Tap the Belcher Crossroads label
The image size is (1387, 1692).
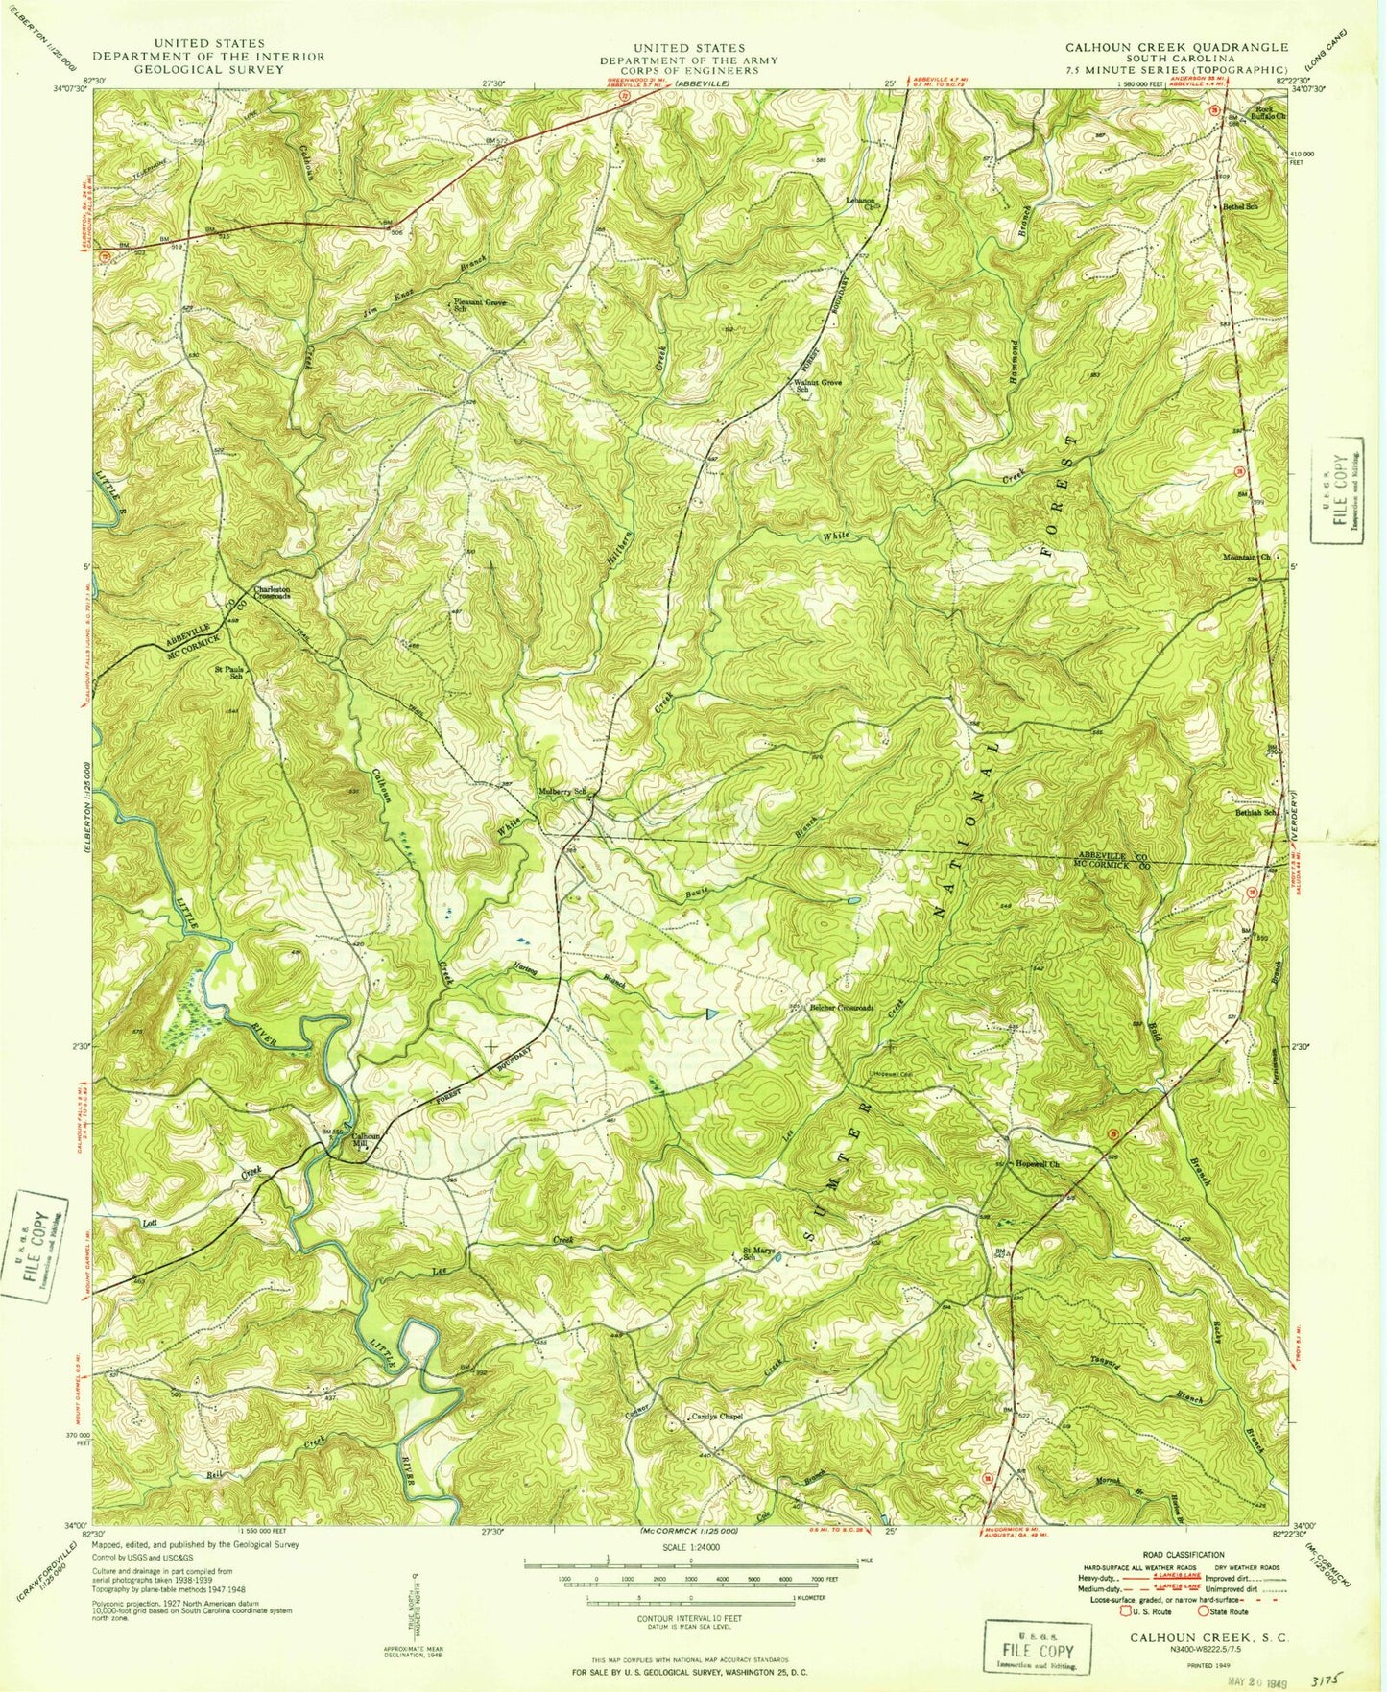[843, 1009]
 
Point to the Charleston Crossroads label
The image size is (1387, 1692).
[272, 593]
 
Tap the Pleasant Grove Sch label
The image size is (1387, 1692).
[479, 305]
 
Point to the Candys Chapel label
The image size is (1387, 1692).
[718, 1416]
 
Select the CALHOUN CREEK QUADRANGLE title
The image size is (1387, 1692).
[1178, 47]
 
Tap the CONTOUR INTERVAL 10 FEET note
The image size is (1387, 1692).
[691, 1618]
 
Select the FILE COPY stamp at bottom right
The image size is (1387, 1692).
[1038, 1649]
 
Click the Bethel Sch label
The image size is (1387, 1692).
[1241, 206]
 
